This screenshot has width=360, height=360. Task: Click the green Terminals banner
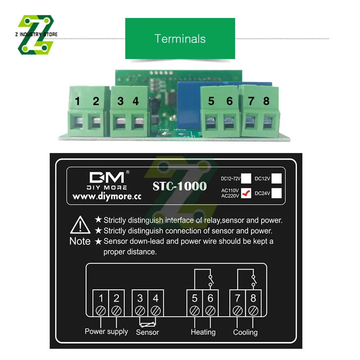(x=180, y=39)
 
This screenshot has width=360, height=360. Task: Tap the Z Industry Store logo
(x=36, y=35)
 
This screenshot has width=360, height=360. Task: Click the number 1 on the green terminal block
(x=78, y=102)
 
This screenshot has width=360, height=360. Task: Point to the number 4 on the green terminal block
(x=136, y=102)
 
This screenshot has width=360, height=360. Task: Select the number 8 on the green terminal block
(x=266, y=102)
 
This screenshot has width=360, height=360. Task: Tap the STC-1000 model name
(x=180, y=186)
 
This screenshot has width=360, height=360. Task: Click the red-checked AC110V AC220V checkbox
(x=246, y=194)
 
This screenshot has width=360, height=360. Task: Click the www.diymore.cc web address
(x=107, y=197)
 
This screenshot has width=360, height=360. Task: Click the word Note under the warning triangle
(x=80, y=241)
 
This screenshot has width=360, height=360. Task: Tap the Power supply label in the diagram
(x=106, y=331)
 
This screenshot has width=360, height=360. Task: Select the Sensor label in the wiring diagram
(x=147, y=332)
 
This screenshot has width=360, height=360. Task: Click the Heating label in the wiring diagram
(x=203, y=332)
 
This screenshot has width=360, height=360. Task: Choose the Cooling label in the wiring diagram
(x=245, y=332)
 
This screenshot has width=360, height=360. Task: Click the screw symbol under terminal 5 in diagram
(x=195, y=310)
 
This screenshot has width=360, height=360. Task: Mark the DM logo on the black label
(x=107, y=177)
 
